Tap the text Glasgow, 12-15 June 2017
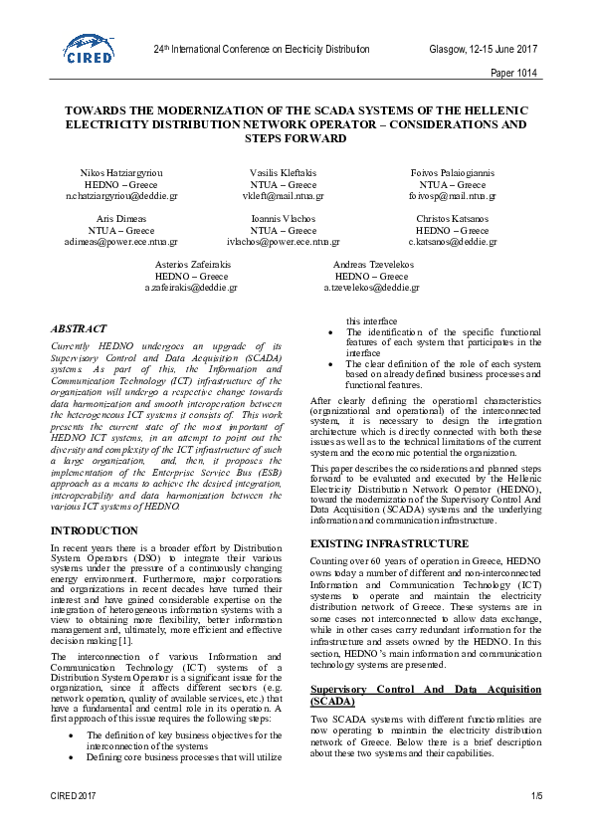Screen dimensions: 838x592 click(x=483, y=49)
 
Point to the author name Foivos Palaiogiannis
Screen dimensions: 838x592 click(x=452, y=172)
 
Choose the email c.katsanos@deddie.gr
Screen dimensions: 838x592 click(x=453, y=242)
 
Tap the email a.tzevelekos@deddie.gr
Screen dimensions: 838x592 click(x=371, y=288)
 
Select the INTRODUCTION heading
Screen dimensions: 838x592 click(x=88, y=531)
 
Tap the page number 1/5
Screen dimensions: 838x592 click(x=536, y=796)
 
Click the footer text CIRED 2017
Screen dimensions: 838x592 click(x=74, y=796)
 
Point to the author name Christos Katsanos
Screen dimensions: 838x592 click(x=453, y=218)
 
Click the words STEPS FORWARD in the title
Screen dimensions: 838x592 click(x=296, y=138)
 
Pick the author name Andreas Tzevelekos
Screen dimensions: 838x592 click(x=371, y=264)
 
